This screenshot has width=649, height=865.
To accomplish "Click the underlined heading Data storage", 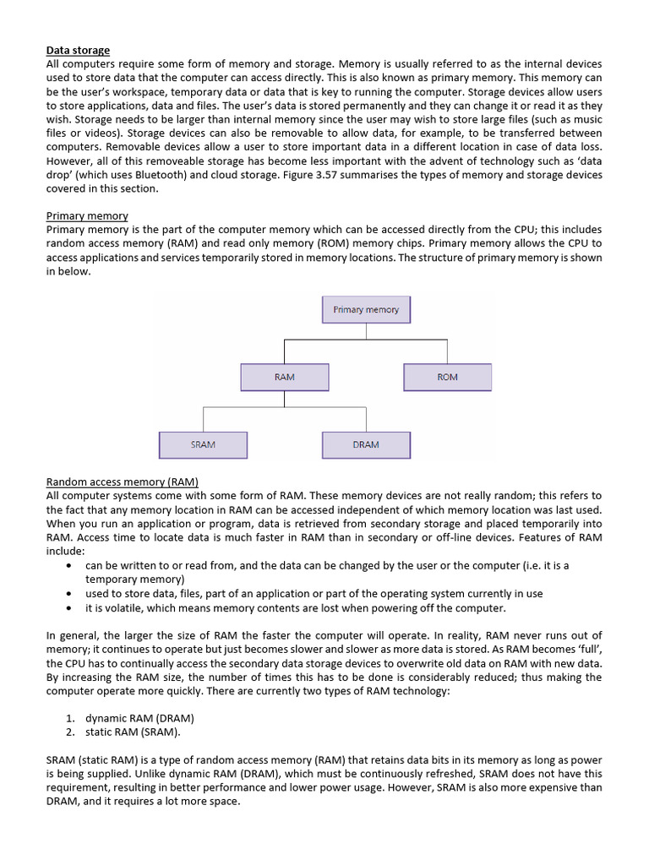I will tap(78, 51).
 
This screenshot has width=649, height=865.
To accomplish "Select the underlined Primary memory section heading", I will tap(87, 215).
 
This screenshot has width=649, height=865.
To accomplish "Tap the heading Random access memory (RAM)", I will tap(122, 481).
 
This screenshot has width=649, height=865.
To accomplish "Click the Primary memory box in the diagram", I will tap(366, 310).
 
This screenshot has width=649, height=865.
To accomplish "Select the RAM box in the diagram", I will tap(285, 377).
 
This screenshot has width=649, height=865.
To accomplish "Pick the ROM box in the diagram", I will tap(447, 377).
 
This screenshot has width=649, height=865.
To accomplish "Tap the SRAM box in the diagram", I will tap(203, 444).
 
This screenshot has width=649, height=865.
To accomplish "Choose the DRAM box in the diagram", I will tap(366, 444).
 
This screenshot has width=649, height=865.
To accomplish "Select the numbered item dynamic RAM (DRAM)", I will tap(139, 718).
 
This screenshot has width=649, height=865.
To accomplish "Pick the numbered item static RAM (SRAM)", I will tap(132, 732).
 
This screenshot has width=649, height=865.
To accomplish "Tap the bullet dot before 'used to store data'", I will tap(68, 594).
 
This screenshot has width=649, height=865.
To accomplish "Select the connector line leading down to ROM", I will tap(447, 351).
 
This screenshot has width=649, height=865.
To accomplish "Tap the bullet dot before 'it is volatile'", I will tap(68, 608).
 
